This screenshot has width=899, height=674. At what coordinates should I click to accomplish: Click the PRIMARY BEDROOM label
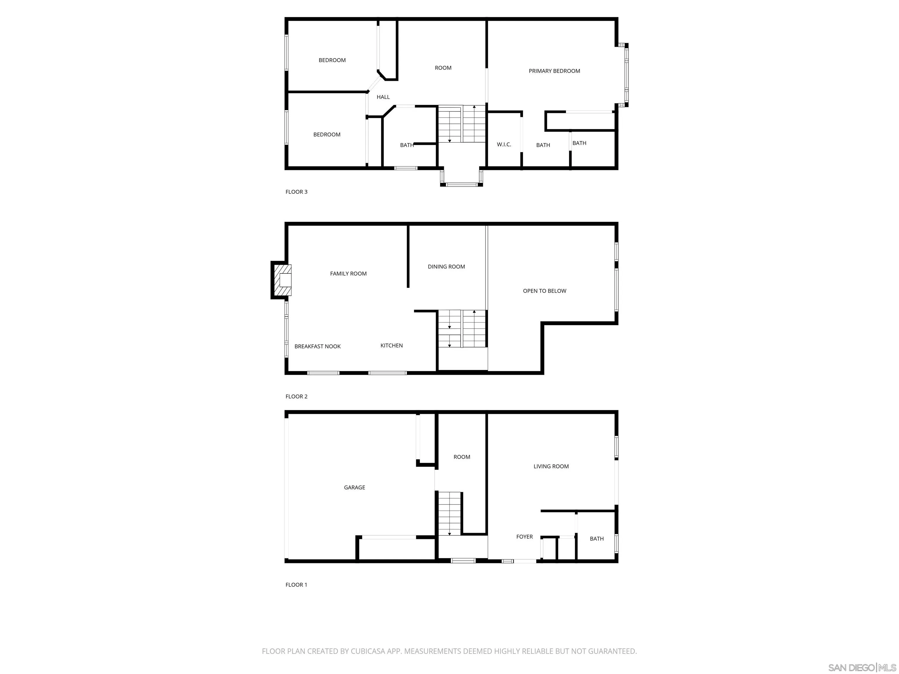click(x=554, y=71)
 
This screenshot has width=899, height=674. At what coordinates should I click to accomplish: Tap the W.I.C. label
click(x=504, y=145)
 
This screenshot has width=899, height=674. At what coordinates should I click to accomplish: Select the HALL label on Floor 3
click(x=383, y=97)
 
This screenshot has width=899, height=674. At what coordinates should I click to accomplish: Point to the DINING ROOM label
click(x=446, y=267)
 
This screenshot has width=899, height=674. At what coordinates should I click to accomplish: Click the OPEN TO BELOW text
click(x=544, y=291)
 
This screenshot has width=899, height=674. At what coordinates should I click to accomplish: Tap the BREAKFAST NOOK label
click(x=318, y=347)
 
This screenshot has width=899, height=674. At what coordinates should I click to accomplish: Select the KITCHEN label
click(x=391, y=346)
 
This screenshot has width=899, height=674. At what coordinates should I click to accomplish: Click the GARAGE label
click(x=354, y=488)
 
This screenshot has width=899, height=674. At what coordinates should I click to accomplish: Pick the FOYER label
click(x=524, y=537)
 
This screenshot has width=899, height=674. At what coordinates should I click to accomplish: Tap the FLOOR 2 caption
click(x=296, y=396)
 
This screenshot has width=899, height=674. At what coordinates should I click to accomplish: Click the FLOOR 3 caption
click(x=296, y=192)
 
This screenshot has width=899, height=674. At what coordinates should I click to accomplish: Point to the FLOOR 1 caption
click(x=296, y=585)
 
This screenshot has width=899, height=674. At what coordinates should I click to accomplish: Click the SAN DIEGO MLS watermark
click(x=862, y=668)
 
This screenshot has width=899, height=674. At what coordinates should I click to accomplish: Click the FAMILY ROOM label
click(x=348, y=274)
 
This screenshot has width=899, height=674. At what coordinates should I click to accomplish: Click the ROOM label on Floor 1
click(x=462, y=457)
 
